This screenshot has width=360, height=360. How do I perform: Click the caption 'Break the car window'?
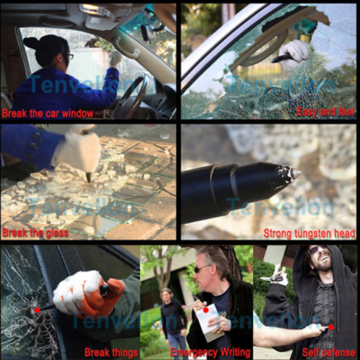pos(48,114)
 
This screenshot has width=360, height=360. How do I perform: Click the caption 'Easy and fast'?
pos(326,112)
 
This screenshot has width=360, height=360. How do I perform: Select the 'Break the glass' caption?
pos(35,233)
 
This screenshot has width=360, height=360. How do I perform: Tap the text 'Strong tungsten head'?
pos(309,233)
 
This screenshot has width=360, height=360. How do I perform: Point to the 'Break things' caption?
pos(111,352)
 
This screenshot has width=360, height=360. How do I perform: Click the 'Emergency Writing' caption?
pos(210,352)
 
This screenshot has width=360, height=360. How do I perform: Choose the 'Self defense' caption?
pos(329,352)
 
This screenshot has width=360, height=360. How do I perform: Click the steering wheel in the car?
pos(131,96)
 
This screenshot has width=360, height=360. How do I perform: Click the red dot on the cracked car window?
pos(37,310)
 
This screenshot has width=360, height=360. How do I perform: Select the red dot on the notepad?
pos(206,310)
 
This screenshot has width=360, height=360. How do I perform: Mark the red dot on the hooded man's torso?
pos(331,327)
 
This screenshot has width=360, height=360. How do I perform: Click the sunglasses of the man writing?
pos(202,268)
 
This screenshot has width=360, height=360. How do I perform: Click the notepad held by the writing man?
pos(208,322)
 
